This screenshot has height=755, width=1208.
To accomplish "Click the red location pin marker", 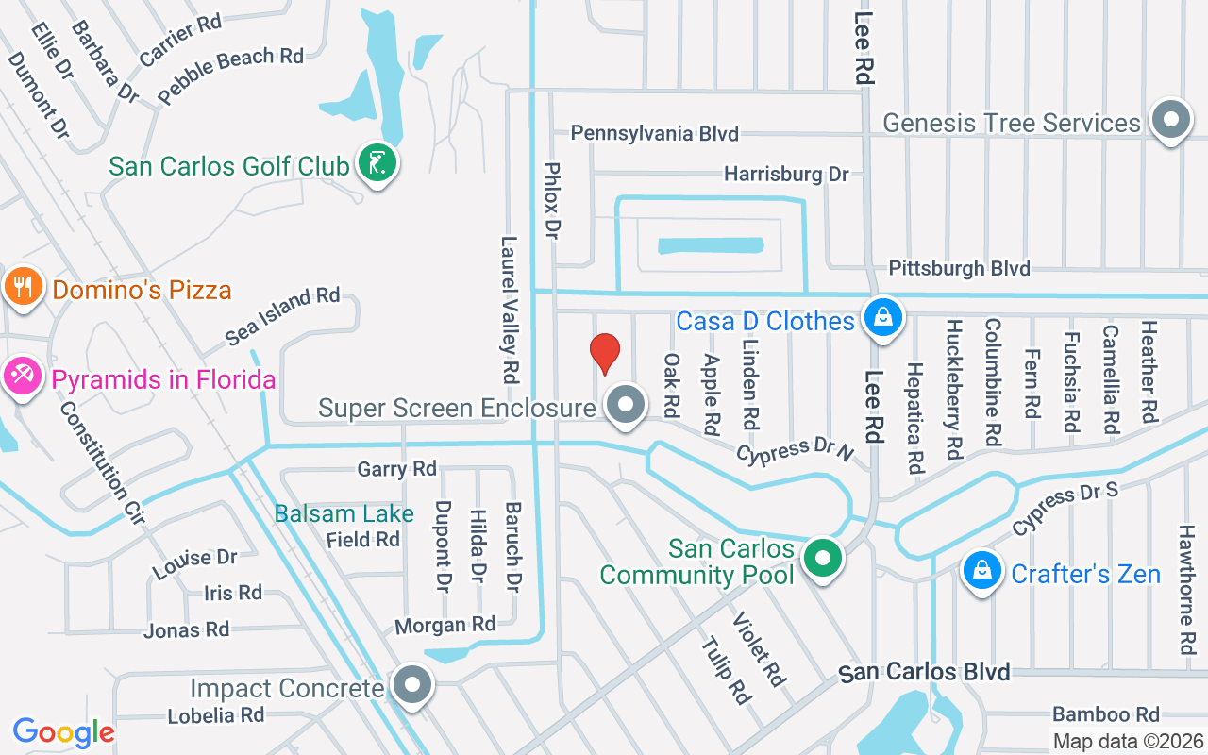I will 604,353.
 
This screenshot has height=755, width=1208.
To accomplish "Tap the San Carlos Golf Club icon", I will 377,165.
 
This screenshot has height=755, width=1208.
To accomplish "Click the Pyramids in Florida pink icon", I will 21,377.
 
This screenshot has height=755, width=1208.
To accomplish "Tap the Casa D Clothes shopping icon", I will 881,317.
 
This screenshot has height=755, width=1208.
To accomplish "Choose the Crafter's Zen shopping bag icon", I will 982,571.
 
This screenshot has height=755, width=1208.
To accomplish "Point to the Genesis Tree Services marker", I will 1171,121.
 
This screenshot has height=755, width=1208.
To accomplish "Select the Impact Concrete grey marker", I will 411,685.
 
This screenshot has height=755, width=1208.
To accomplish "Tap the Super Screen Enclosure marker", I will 624,406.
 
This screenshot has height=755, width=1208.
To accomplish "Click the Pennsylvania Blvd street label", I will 654,133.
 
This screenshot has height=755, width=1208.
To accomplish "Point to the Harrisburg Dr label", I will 786,174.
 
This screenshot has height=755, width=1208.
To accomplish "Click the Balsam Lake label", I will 344,514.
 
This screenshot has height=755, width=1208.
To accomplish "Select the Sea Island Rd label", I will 282,315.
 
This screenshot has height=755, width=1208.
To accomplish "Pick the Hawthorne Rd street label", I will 1187,590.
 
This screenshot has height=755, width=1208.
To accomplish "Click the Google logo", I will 63,732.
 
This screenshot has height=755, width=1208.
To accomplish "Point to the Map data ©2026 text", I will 1127,742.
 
